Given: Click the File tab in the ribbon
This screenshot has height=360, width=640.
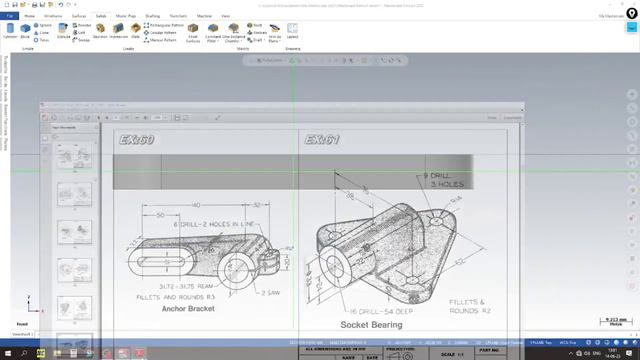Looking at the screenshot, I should click(x=8, y=17).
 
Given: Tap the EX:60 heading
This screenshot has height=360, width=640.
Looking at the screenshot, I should click(x=136, y=141).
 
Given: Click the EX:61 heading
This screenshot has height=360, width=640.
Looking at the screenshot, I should click(x=323, y=141).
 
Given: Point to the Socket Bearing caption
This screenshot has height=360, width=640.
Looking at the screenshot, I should click(x=371, y=324).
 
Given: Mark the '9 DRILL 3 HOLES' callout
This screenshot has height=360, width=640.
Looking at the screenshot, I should click(x=445, y=180).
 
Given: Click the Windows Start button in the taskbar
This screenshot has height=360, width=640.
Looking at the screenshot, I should click(x=8, y=353).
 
